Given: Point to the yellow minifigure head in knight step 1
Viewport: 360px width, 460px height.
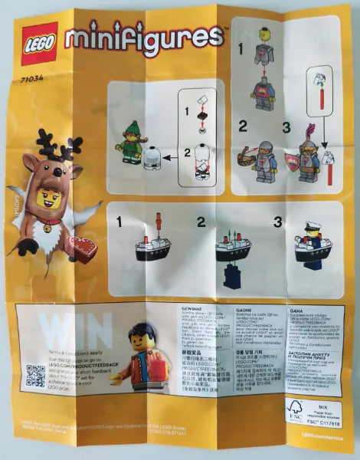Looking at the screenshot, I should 263,34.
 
